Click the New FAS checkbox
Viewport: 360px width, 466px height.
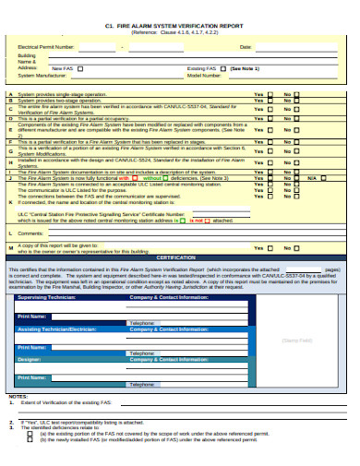pyautogui.click(x=79, y=68)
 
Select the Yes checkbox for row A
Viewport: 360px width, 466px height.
pyautogui.click(x=271, y=94)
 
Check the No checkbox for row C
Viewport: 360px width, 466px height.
pyautogui.click(x=296, y=108)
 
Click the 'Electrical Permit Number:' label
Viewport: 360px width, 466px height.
pyautogui.click(x=46, y=45)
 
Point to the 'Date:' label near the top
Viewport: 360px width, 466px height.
pyautogui.click(x=246, y=45)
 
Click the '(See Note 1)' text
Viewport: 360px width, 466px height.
pyautogui.click(x=245, y=68)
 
